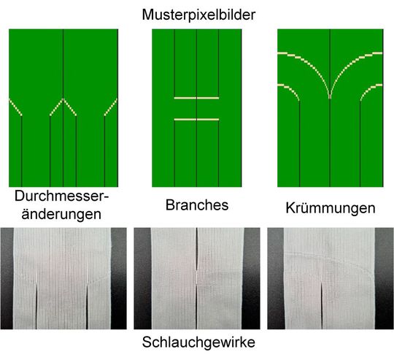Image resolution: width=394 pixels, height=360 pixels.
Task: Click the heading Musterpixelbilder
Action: coord(197,13)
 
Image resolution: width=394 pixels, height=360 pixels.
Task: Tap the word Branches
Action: coord(197,205)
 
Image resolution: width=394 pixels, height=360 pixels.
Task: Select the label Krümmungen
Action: coord(330,208)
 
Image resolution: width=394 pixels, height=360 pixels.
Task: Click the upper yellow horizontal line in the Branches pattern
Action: coord(197,97)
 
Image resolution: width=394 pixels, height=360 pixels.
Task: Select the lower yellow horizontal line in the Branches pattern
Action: coord(197,118)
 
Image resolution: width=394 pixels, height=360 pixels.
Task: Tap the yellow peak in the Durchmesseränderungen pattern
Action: coord(63,100)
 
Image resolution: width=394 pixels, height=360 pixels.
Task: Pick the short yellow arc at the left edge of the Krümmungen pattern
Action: coord(289,89)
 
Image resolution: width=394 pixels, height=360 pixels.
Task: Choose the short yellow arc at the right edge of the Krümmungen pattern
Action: coord(371,89)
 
